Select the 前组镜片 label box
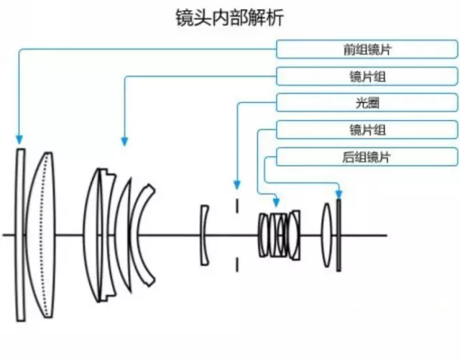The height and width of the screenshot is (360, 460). [367, 49]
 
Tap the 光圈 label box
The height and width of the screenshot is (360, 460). [367, 103]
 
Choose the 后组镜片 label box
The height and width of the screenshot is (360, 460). [367, 157]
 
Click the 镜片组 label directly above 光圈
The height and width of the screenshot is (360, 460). [367, 76]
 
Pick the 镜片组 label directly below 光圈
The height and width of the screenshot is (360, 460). [367, 130]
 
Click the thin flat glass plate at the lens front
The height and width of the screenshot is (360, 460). [21, 234]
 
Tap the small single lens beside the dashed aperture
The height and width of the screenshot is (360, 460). [205, 234]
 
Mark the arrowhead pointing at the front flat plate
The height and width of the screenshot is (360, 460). [19, 139]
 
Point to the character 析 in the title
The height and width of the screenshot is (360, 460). [275, 18]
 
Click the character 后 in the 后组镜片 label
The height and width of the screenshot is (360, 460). [348, 157]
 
